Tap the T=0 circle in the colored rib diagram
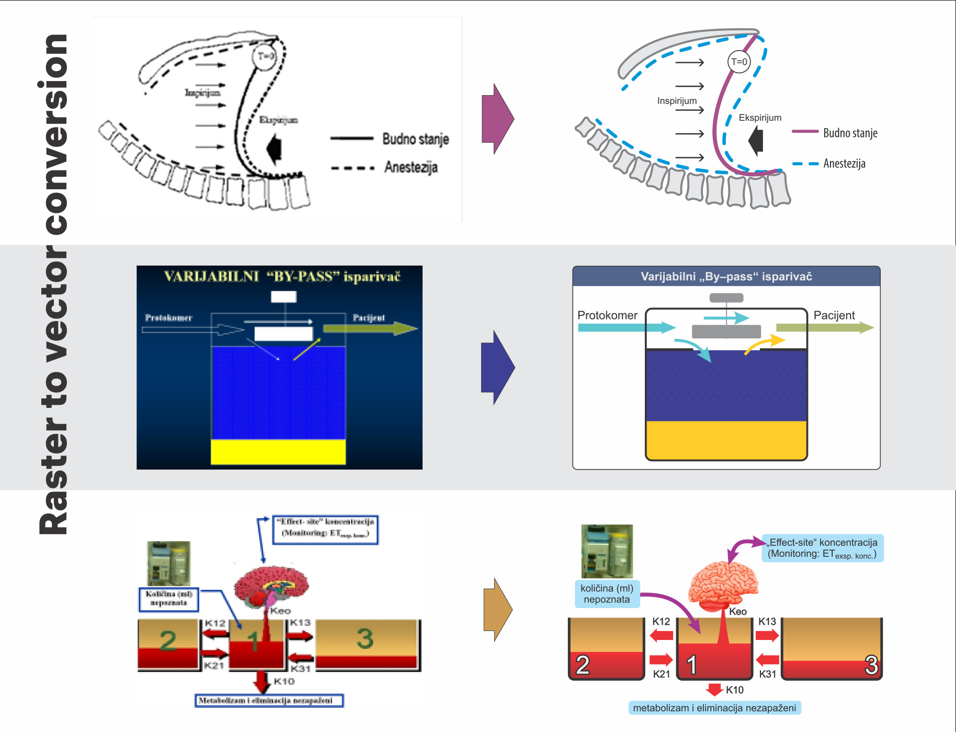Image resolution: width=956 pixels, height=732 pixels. coord(739,62)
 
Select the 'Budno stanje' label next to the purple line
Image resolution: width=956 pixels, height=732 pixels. coord(850,133)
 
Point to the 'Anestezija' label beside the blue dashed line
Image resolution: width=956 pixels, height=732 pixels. coord(844,164)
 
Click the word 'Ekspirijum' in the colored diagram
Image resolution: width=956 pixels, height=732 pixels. coord(760,118)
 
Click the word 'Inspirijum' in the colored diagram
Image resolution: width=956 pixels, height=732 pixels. coord(677,101)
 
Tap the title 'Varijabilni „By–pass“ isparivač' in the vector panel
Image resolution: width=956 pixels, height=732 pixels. coord(726,277)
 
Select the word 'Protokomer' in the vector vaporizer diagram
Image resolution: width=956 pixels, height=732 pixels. coord(607,315)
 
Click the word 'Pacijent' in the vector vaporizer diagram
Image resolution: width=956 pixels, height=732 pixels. coord(834,315)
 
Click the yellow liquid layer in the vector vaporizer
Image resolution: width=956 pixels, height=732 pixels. coord(726,439)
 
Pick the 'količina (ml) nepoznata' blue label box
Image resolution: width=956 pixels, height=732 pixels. coord(607,594)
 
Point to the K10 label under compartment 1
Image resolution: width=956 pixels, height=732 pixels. coord(734,690)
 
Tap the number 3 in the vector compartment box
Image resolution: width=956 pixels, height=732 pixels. coord(870,665)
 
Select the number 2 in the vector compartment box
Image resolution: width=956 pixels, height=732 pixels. coord(583,665)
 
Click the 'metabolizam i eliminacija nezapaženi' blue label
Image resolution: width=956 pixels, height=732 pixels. coord(714,708)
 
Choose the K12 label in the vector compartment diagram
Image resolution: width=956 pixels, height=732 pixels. coord(661,621)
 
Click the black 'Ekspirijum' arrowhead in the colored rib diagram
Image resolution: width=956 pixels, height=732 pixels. coord(756,141)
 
